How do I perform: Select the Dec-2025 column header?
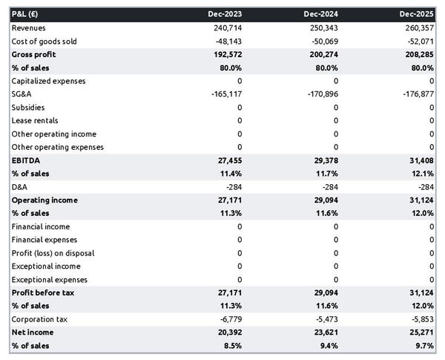417,14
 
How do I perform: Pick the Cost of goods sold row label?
44,41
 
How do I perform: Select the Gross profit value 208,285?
418,54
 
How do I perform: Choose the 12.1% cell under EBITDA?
421,174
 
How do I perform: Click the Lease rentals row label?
35,120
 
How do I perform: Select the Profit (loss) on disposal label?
53,253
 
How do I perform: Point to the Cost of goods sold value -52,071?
419,41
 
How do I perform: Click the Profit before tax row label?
42,293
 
